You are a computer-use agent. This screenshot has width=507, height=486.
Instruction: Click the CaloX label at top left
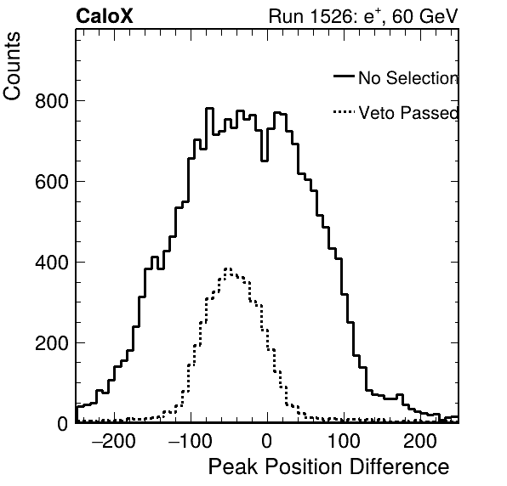(104, 16)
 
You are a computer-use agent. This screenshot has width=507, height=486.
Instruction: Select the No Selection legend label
(408, 78)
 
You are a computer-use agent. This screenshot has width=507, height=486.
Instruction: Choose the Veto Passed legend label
(408, 113)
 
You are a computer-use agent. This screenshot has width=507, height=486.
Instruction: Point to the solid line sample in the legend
(344, 76)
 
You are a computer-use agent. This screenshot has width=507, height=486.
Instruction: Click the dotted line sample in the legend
(344, 112)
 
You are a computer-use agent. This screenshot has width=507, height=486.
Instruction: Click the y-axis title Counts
(12, 66)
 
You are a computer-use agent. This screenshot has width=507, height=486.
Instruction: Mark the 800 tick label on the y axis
(52, 101)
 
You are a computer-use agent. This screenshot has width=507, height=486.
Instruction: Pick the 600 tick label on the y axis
(52, 182)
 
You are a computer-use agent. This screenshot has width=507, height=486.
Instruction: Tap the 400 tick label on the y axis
(52, 263)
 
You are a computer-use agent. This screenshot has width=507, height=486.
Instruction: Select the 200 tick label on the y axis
(52, 343)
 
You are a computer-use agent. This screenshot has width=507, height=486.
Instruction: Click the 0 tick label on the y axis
(63, 424)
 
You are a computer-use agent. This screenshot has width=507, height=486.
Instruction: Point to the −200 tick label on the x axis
(113, 441)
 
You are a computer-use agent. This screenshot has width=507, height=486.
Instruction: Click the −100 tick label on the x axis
(191, 441)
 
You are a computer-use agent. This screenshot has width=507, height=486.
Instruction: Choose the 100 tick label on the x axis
(344, 441)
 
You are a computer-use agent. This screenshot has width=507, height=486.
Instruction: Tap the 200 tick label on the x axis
(420, 441)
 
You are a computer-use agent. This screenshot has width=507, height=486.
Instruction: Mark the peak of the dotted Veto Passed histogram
(228, 268)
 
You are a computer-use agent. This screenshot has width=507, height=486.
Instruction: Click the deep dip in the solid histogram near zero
(265, 161)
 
